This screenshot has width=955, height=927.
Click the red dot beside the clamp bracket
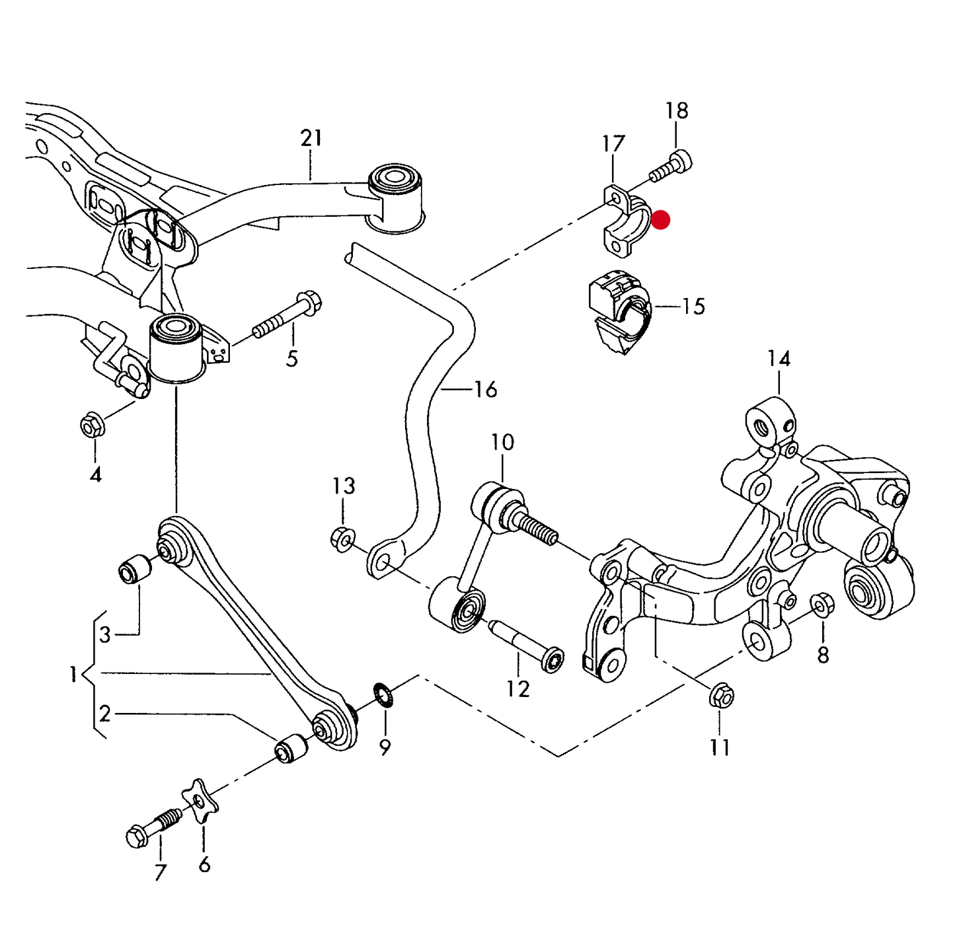(660, 220)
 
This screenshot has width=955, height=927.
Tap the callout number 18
(677, 110)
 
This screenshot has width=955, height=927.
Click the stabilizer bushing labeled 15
(619, 311)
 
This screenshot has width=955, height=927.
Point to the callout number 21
(311, 137)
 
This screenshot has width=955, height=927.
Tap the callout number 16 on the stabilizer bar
(486, 389)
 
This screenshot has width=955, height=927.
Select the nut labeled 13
(342, 539)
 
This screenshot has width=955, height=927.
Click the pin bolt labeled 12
(525, 646)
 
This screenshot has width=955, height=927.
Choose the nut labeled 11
(721, 696)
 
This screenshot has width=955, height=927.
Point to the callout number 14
(779, 359)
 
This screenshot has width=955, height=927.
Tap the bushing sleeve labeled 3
(134, 569)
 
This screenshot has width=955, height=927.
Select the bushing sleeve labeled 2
(291, 747)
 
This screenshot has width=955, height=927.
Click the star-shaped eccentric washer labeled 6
(200, 800)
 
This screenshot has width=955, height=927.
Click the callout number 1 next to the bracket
(73, 675)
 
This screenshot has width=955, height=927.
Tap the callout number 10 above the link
(502, 442)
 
